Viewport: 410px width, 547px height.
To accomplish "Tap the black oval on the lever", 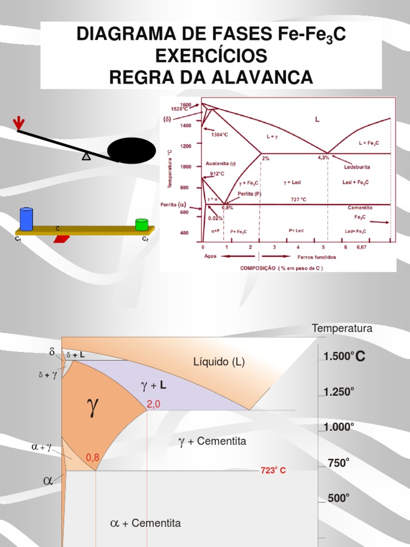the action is point(131,151).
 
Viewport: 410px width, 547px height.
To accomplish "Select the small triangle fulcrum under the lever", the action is point(86,157).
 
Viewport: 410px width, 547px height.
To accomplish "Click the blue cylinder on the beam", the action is point(26,219).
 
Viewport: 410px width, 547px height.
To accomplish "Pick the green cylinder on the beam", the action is point(141,224).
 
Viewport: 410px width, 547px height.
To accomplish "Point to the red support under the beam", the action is point(61,238).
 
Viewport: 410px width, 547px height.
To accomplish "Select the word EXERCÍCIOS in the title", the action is point(211,56).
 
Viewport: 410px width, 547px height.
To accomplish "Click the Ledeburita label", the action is point(357,167).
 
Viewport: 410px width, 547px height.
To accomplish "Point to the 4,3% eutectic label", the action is point(324,158).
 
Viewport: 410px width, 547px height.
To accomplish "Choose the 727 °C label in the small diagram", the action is point(298,199).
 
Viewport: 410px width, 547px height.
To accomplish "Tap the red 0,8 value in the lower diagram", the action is point(93,457).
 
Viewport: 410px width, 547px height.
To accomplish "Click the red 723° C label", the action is point(273,471).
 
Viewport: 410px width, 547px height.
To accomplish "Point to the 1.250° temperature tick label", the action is point(339,392).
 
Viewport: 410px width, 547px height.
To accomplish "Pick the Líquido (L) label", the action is point(219,362).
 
